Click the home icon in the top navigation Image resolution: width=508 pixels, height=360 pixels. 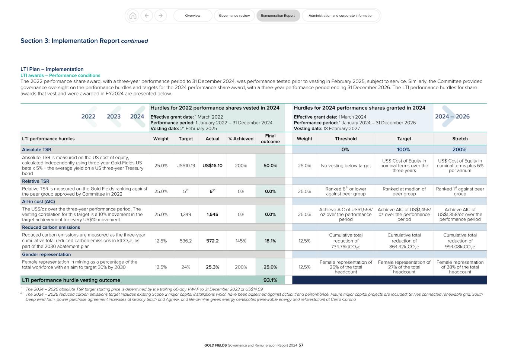(x=132, y=16)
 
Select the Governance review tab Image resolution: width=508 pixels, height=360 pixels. (x=234, y=16)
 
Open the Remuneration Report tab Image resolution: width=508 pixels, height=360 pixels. (x=278, y=16)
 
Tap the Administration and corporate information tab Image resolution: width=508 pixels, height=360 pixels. (x=341, y=16)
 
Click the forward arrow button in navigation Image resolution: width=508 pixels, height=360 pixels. (x=160, y=16)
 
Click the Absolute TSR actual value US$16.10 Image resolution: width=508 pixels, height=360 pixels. (x=212, y=165)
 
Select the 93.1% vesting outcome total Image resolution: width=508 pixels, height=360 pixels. (x=270, y=280)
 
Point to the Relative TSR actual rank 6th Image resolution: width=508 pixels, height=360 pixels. (x=212, y=191)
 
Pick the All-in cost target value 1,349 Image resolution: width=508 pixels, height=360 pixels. (x=186, y=214)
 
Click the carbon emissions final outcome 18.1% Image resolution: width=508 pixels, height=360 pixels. (x=270, y=241)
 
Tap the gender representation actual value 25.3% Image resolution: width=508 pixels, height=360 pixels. (x=212, y=267)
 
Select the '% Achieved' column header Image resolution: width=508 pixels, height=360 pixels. (x=241, y=139)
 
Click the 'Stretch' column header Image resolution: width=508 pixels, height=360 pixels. (x=460, y=139)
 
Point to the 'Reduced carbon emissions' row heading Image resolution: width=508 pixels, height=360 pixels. (x=51, y=227)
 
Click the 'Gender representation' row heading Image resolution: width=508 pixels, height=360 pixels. (x=46, y=254)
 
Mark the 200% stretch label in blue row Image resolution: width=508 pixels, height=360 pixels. (x=459, y=150)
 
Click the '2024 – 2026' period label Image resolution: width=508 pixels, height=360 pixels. (x=452, y=116)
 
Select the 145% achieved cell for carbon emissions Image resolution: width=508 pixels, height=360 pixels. (x=241, y=241)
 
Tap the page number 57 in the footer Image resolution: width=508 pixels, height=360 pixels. (x=301, y=345)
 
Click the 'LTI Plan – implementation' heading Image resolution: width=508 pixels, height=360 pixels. (x=52, y=69)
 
